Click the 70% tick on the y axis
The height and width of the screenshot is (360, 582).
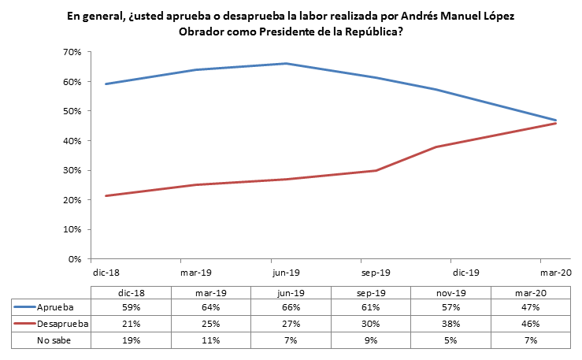(72, 52)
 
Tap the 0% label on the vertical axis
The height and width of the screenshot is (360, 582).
(75, 259)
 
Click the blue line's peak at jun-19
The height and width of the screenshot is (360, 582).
(285, 64)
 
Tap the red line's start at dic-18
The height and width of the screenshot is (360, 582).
(106, 196)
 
